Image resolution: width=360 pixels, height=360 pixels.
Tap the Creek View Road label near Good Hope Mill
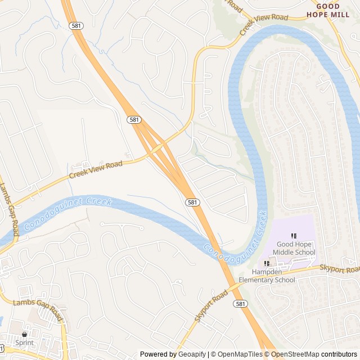pos(260,24)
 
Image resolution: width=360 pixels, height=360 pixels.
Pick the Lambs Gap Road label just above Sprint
pos(38,312)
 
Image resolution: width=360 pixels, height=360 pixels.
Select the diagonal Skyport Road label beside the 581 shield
pos(211,306)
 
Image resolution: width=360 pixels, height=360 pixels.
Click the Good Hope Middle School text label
pos(295,248)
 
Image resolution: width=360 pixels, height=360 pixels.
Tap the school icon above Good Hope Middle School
pos(293,236)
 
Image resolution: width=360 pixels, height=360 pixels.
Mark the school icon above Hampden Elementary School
pos(267,263)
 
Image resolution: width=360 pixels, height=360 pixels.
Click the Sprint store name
pos(24,343)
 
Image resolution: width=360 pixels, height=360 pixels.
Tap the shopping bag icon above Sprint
pos(24,334)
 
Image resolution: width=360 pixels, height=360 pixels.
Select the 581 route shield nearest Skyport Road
pos(240,304)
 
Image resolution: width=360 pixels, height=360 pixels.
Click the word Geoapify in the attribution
pos(192,354)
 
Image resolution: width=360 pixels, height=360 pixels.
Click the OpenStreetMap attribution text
pos(296,354)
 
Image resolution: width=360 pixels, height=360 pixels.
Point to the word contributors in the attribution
pos(340,354)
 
